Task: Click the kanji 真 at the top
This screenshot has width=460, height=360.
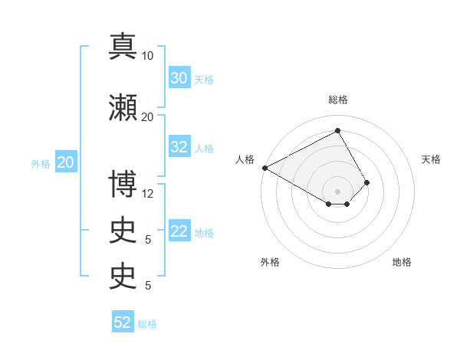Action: (123, 46)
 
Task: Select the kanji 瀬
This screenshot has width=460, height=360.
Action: (123, 107)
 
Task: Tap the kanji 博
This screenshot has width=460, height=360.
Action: (123, 184)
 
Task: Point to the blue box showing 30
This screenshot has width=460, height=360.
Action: (179, 78)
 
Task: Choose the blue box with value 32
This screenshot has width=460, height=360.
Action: (179, 148)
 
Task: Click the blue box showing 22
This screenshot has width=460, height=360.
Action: (179, 232)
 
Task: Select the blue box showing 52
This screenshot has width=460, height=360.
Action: (123, 322)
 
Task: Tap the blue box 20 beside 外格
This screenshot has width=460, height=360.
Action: (66, 162)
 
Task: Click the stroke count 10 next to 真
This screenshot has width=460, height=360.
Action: (148, 56)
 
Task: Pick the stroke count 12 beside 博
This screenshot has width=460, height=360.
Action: (148, 194)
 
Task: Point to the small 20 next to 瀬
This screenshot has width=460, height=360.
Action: (148, 117)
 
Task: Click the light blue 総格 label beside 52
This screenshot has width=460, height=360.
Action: (147, 324)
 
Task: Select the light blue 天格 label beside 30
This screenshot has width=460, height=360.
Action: (204, 79)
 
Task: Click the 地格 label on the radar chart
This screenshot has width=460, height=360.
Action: (402, 262)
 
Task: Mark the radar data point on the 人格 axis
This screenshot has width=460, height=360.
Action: (264, 167)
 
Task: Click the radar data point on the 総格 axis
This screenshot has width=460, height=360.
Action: (337, 131)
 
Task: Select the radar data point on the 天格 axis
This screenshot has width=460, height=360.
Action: (367, 182)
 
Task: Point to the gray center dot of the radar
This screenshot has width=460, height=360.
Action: (337, 191)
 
